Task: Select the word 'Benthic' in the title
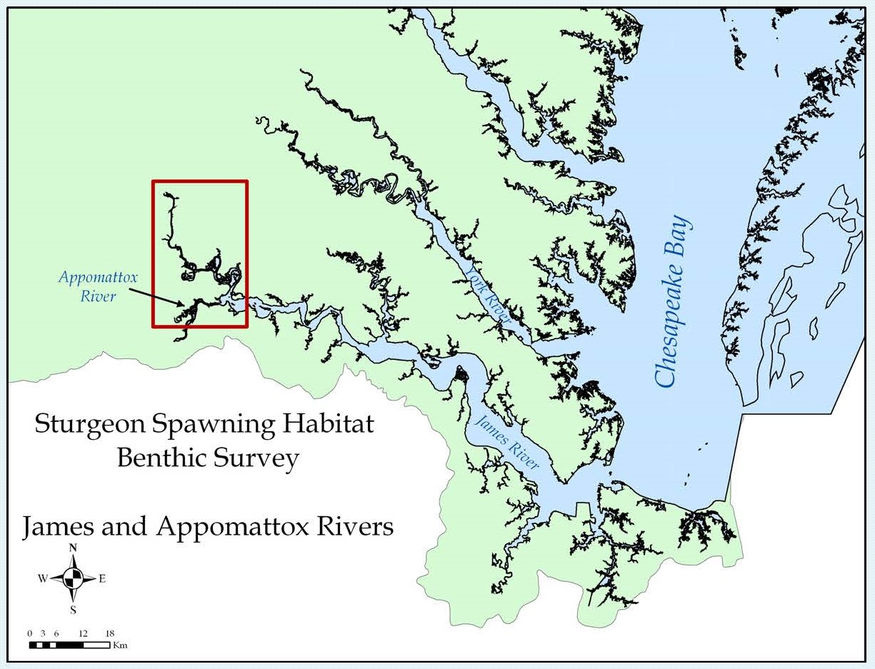161,458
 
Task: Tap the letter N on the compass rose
73,548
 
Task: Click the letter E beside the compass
102,579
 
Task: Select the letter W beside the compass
43,579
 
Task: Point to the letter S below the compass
73,610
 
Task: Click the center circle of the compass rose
73,579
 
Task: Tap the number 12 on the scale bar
83,633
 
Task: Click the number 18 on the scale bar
110,633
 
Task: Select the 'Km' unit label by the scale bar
120,645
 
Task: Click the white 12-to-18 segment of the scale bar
96,645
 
